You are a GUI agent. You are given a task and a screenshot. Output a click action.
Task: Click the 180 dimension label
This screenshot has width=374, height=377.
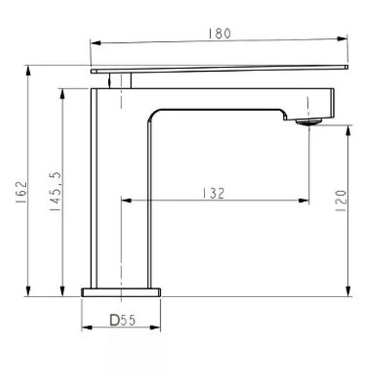click(219, 34)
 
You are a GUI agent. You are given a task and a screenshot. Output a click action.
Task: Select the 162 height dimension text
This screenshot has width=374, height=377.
click(22, 192)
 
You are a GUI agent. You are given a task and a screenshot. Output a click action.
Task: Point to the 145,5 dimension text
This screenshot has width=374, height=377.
click(55, 191)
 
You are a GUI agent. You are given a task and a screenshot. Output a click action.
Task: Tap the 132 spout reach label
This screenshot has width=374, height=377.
click(214, 193)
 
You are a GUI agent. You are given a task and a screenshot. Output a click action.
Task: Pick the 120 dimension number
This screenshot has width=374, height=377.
click(340, 201)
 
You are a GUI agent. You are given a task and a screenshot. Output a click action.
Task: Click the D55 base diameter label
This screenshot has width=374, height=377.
click(123, 320)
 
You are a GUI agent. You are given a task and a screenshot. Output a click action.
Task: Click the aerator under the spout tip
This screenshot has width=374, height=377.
click(309, 122)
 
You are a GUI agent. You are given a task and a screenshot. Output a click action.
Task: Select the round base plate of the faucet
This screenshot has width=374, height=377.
click(121, 292)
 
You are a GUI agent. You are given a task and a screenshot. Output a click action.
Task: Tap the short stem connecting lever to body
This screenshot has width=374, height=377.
click(120, 80)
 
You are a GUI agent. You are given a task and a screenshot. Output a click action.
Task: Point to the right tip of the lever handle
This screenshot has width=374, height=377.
click(347, 67)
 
